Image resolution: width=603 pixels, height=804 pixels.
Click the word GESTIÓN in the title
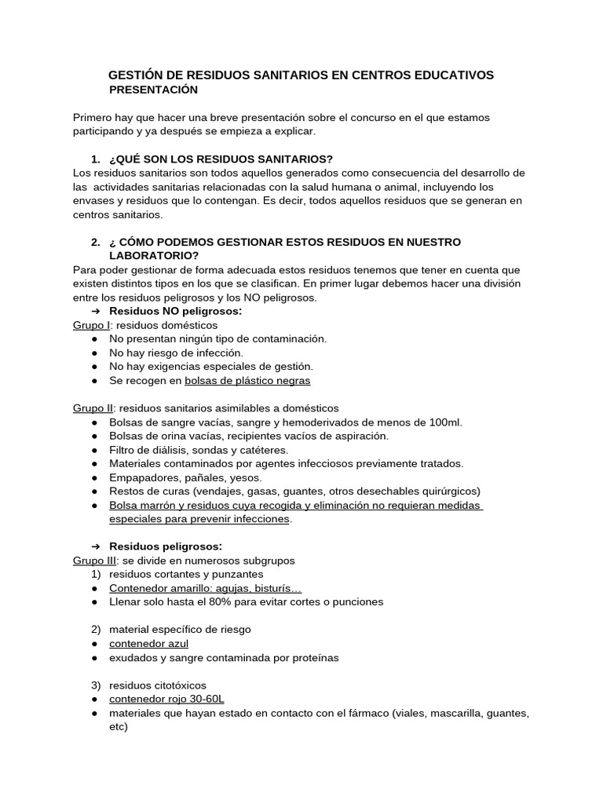pos(137,75)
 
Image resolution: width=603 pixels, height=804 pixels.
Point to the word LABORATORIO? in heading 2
pos(154,255)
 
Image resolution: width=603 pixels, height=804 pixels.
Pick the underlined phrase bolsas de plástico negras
pos(247,381)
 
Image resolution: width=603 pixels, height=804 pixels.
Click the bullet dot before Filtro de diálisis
pos(95,450)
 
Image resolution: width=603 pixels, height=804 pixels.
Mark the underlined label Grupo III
pos(94,561)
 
